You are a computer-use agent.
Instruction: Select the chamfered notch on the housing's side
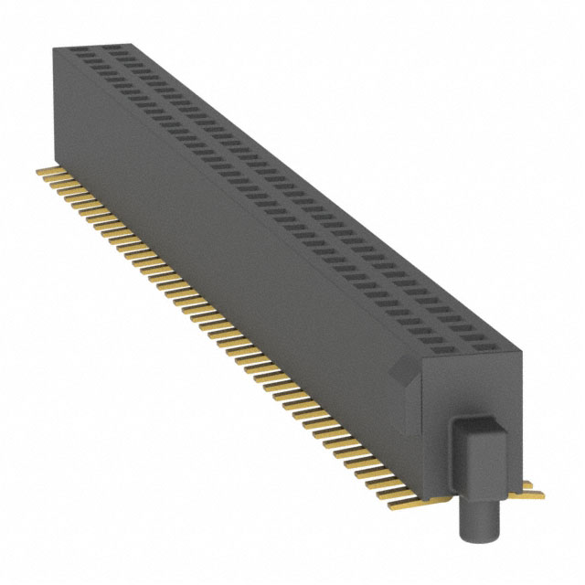point(400,374)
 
